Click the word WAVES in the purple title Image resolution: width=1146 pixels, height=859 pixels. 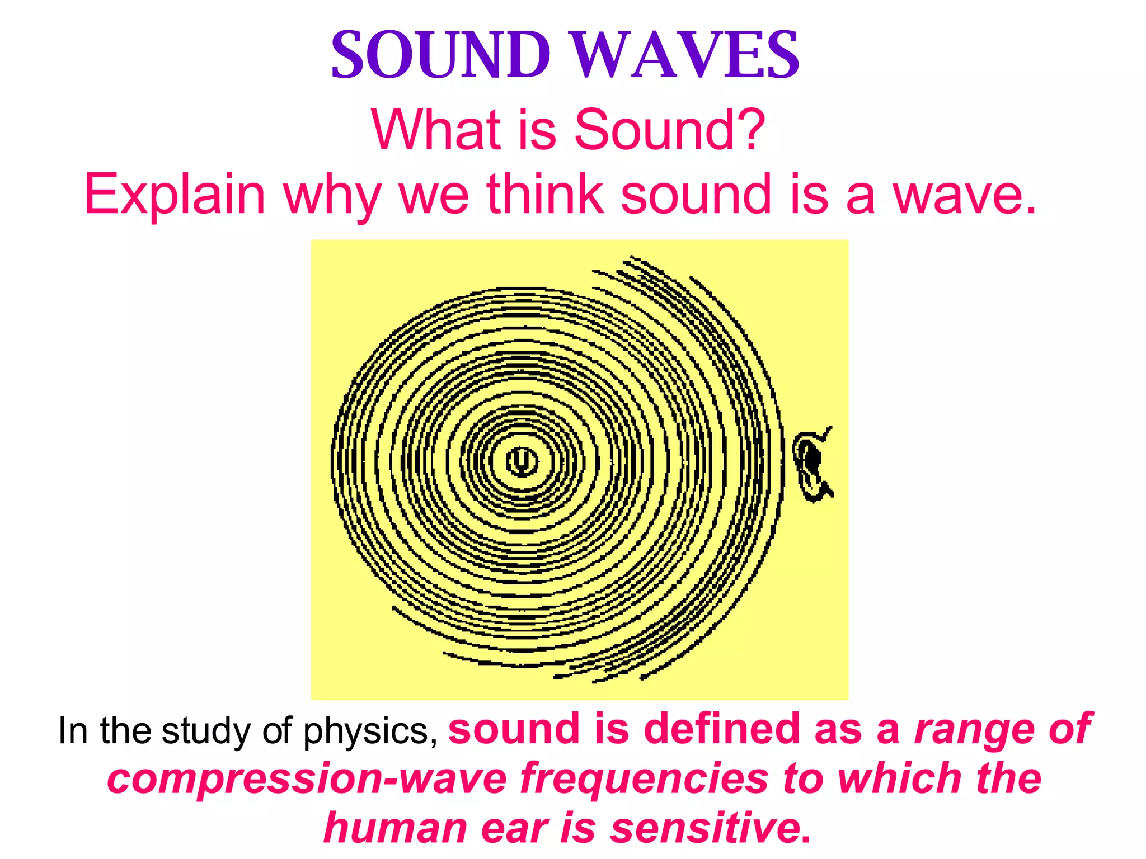point(686,56)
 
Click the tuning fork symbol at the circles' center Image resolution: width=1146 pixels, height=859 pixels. point(522,461)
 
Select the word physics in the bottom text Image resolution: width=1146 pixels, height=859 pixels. point(370,731)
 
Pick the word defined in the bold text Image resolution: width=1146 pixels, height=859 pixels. point(721,729)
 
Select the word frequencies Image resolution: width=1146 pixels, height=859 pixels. point(644,779)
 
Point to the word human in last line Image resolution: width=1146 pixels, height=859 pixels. point(394,828)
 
